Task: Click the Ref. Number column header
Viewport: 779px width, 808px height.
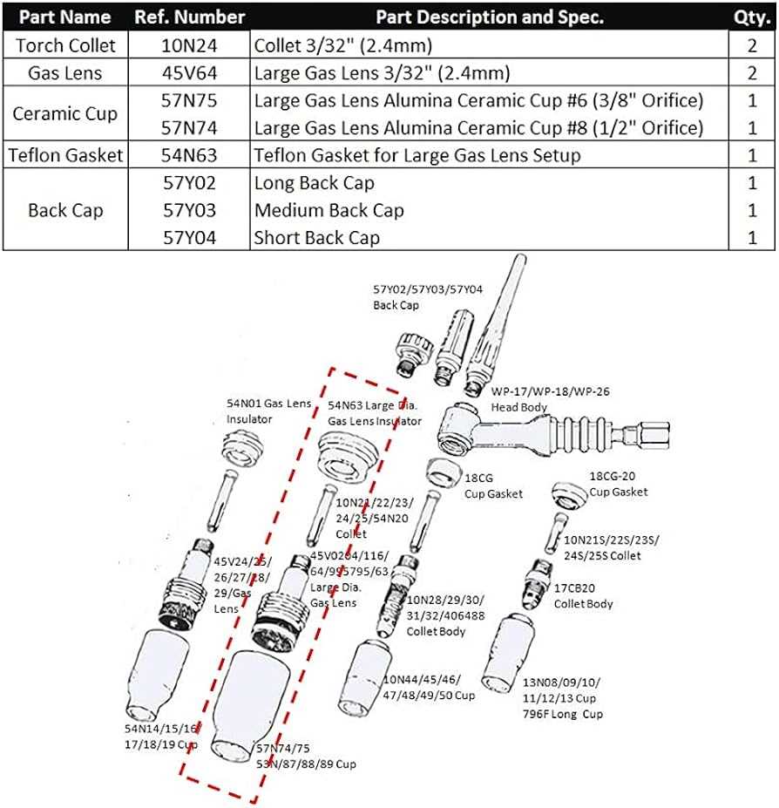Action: [x=189, y=17]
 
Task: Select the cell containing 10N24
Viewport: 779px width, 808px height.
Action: [x=189, y=45]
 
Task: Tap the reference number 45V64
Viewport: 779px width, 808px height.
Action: [x=189, y=72]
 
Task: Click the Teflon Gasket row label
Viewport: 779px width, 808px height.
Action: [x=65, y=155]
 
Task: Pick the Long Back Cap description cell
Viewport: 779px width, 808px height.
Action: [x=315, y=183]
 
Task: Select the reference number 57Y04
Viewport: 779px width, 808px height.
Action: [x=189, y=237]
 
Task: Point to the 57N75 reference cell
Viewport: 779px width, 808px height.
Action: [x=189, y=100]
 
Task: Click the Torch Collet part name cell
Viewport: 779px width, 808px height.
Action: [x=65, y=45]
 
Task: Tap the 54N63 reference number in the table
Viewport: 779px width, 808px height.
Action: [x=189, y=155]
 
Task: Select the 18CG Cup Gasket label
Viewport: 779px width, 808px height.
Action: [x=494, y=486]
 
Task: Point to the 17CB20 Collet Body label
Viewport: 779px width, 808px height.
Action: [x=584, y=596]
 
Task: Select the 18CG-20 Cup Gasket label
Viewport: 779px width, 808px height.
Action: [x=619, y=485]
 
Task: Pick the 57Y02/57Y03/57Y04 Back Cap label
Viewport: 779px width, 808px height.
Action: [x=410, y=296]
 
